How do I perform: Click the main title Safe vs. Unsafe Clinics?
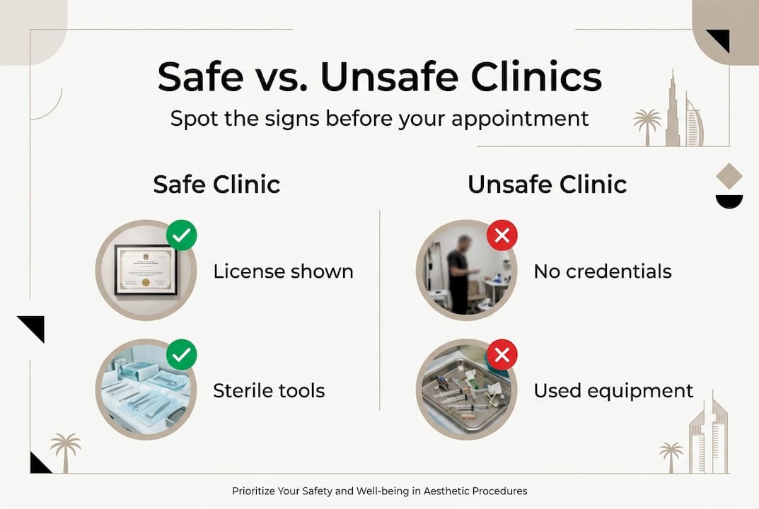(x=379, y=77)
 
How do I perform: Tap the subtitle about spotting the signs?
(x=379, y=117)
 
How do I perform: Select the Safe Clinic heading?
(x=216, y=185)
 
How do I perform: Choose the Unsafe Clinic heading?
(x=547, y=185)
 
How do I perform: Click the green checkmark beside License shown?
(x=182, y=235)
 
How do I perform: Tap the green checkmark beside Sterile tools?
(x=182, y=355)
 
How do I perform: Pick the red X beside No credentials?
(x=502, y=235)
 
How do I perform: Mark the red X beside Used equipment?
(x=502, y=355)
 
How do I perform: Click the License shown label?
(x=283, y=271)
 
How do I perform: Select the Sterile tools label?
(x=269, y=390)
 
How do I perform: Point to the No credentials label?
(x=603, y=271)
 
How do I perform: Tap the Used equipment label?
(x=613, y=390)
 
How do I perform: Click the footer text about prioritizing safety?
(x=379, y=491)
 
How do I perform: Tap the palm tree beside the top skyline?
(x=647, y=125)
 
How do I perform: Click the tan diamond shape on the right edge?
(x=729, y=175)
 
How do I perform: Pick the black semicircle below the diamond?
(x=729, y=201)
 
